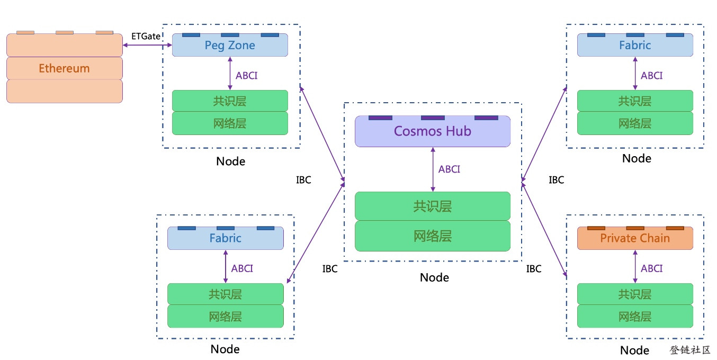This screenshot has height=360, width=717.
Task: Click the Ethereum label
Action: [x=64, y=68]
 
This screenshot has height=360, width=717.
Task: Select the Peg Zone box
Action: [x=230, y=45]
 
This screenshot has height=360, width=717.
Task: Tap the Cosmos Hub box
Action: [x=433, y=131]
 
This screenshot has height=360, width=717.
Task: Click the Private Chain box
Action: [x=635, y=238]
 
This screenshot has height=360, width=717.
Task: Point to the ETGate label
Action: [x=146, y=36]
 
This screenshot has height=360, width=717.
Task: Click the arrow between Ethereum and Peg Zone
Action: [x=148, y=45]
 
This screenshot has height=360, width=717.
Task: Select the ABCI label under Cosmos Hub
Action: [x=449, y=169]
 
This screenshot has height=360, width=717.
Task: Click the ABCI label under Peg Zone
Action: [x=246, y=76]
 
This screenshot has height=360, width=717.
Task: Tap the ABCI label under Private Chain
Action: [x=652, y=268]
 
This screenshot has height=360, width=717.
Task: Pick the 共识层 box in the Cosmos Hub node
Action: [x=433, y=206]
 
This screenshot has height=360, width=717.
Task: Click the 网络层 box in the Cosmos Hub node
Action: [x=433, y=236]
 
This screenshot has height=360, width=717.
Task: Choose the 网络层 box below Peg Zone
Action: [x=230, y=123]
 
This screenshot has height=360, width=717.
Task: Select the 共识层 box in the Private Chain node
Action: [x=635, y=294]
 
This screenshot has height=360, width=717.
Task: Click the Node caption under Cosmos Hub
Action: [x=434, y=277]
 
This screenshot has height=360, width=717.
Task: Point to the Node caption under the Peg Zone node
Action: [x=231, y=161]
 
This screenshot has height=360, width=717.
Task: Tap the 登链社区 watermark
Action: [x=690, y=350]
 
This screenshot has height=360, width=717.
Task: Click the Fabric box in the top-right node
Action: [x=635, y=45]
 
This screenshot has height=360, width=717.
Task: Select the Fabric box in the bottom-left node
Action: [x=226, y=238]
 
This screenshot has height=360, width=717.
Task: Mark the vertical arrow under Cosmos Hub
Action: [x=433, y=169]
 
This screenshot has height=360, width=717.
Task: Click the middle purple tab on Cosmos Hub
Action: [x=433, y=118]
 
